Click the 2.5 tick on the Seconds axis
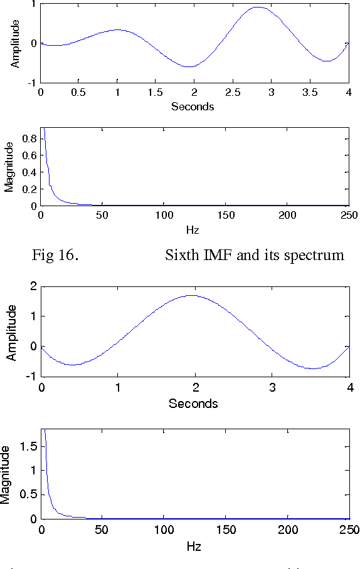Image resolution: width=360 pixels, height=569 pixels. click(x=233, y=93)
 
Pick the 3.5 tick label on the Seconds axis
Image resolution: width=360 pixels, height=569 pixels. click(x=310, y=93)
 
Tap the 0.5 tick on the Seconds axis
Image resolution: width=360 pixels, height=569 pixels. click(x=78, y=93)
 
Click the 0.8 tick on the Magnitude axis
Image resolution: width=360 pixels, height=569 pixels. click(x=29, y=138)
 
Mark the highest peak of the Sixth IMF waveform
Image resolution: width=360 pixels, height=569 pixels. click(x=258, y=8)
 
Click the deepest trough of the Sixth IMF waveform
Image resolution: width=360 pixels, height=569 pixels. click(x=191, y=66)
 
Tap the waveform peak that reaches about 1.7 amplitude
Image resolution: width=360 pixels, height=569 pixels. click(x=194, y=295)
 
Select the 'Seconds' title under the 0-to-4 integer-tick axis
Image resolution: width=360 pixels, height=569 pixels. click(x=193, y=403)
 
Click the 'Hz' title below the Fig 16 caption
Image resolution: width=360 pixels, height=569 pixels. click(x=194, y=546)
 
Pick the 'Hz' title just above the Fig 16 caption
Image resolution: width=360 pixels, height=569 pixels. click(x=193, y=230)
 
